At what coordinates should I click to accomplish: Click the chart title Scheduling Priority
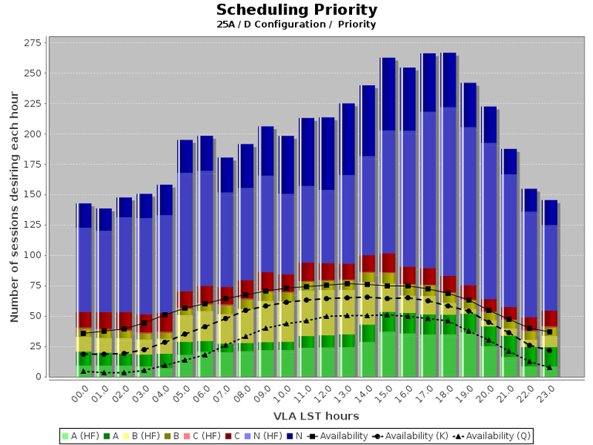point(296,10)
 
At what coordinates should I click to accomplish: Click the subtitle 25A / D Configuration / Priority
point(296,25)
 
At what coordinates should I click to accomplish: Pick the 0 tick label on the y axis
point(37,377)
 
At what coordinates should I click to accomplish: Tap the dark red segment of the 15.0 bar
point(388,263)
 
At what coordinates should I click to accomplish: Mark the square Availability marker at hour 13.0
point(347,284)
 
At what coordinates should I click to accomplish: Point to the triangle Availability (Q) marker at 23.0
point(549,367)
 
